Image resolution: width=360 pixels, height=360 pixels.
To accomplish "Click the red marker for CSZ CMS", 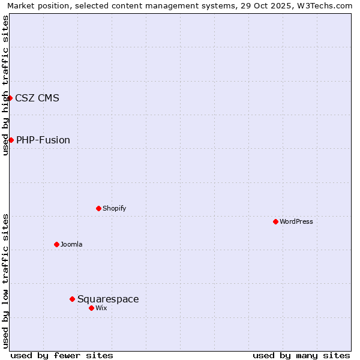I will pyautogui.click(x=10, y=98).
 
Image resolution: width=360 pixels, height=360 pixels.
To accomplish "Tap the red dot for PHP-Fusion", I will pyautogui.click(x=11, y=140).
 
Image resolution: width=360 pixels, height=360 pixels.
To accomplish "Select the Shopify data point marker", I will pyautogui.click(x=98, y=208).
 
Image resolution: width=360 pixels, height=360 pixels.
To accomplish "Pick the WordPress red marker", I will pyautogui.click(x=275, y=221).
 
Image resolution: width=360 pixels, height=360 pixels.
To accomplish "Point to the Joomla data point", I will pyautogui.click(x=56, y=244).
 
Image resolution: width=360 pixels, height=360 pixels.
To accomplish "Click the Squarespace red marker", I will pyautogui.click(x=72, y=299).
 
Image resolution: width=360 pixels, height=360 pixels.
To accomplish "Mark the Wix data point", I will pyautogui.click(x=91, y=308).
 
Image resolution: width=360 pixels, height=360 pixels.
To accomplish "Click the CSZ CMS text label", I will pyautogui.click(x=37, y=98).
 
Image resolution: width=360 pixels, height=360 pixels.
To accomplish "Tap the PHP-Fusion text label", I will pyautogui.click(x=43, y=140).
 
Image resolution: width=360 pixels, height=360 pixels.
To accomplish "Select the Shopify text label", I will pyautogui.click(x=114, y=208).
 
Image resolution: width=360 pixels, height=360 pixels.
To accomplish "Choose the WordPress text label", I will pyautogui.click(x=296, y=221).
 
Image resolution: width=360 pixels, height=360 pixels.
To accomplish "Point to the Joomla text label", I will pyautogui.click(x=71, y=244).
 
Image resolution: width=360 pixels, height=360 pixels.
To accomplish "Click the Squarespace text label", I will pyautogui.click(x=108, y=299).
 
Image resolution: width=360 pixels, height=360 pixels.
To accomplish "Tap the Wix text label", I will pyautogui.click(x=101, y=308).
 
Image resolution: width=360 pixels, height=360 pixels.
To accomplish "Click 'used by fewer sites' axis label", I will pyautogui.click(x=62, y=355).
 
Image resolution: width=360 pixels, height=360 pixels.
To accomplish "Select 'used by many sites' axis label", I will pyautogui.click(x=301, y=355).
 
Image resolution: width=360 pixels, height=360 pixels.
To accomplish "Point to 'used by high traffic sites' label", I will pyautogui.click(x=5, y=85).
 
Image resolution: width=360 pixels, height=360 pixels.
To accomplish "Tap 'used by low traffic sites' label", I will pyautogui.click(x=5, y=281).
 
